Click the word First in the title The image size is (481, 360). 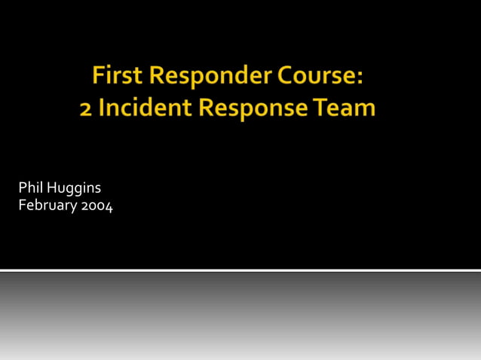[x=118, y=76]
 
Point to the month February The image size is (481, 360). [x=46, y=206]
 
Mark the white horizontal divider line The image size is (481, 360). [x=240, y=270]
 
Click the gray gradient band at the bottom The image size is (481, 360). [x=240, y=316]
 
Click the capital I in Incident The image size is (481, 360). [x=103, y=108]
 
